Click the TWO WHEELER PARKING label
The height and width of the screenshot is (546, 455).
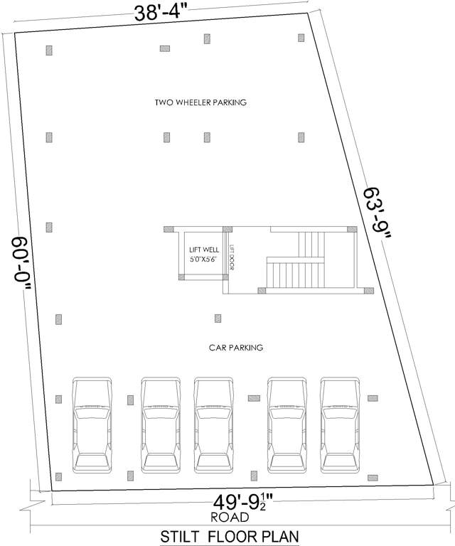click(x=200, y=102)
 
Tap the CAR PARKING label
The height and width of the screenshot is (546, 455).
click(x=236, y=348)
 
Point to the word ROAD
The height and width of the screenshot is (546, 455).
click(x=229, y=517)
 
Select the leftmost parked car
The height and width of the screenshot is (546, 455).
click(x=92, y=424)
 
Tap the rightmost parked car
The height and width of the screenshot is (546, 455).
click(x=340, y=424)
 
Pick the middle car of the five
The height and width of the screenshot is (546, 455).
click(x=214, y=424)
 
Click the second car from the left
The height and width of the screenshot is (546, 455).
click(x=160, y=424)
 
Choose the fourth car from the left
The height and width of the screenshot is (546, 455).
click(x=287, y=424)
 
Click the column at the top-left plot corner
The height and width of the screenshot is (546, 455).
click(x=49, y=50)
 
